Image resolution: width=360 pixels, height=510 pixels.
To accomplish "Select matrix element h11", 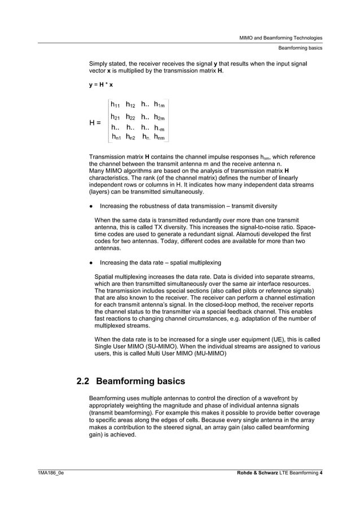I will pyautogui.click(x=115, y=104).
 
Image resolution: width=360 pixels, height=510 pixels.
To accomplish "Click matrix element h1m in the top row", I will pyautogui.click(x=159, y=104).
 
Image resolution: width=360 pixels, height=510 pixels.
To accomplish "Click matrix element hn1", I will pyautogui.click(x=115, y=137).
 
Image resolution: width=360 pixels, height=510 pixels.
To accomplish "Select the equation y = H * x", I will pyautogui.click(x=101, y=85).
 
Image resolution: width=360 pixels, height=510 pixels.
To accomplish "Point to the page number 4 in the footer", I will pyautogui.click(x=321, y=472).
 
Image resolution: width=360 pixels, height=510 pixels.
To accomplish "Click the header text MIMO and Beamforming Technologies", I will pyautogui.click(x=281, y=38).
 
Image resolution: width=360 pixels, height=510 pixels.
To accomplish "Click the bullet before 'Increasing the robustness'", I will pyautogui.click(x=91, y=206).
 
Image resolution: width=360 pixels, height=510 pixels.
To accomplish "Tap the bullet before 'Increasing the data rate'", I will pyautogui.click(x=91, y=263).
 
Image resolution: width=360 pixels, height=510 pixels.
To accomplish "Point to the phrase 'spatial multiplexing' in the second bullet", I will pyautogui.click(x=194, y=263).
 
